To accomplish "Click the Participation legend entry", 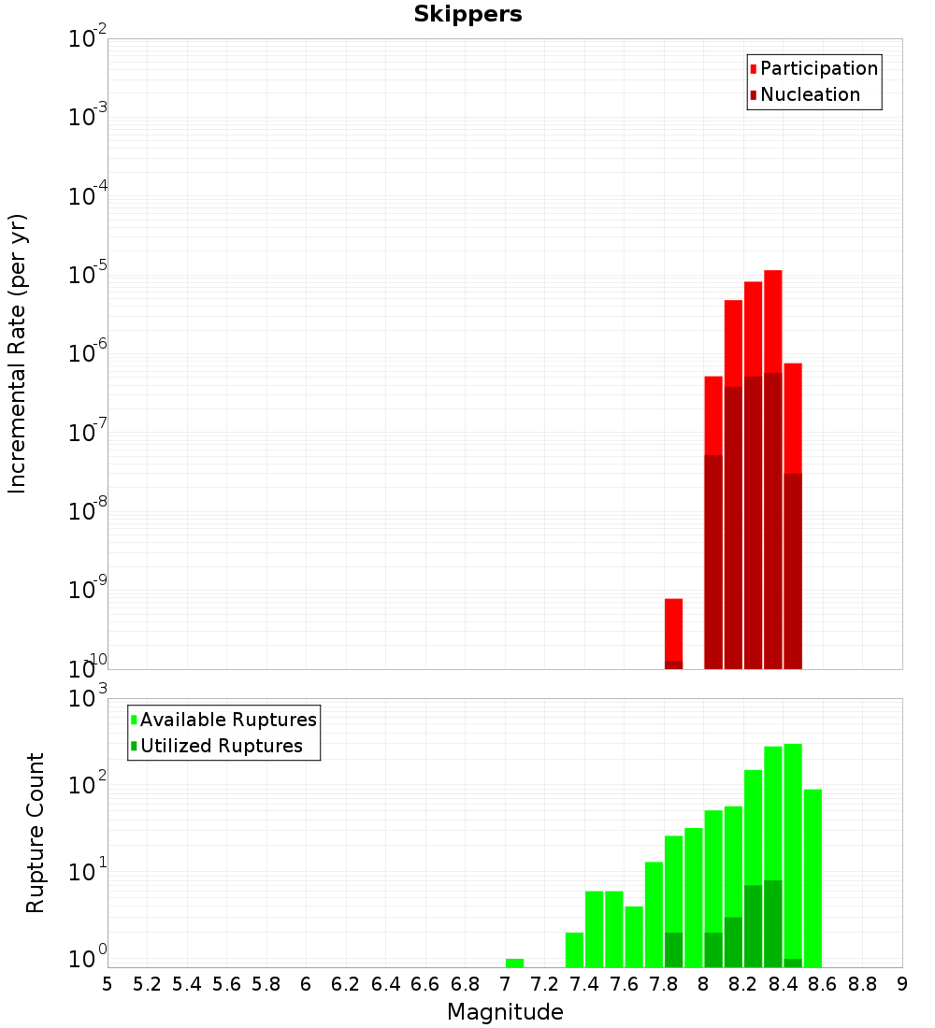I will click(818, 69).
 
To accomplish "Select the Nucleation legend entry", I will click(809, 95).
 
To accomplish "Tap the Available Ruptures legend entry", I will click(227, 721).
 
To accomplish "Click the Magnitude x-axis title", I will click(505, 1012).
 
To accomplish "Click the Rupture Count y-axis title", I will click(36, 832).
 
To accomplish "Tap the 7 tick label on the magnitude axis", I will click(505, 984).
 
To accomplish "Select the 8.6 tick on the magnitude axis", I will click(823, 984).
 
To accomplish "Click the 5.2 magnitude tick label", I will click(147, 984).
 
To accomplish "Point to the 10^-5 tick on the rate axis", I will click(88, 277).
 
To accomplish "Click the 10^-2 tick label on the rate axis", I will click(88, 40).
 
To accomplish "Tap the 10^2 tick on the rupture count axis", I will click(88, 785).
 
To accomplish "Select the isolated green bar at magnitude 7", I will click(514, 963).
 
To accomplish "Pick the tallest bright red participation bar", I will click(772, 318).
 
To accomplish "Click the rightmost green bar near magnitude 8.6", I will click(813, 878).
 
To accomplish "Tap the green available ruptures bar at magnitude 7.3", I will click(574, 949).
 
